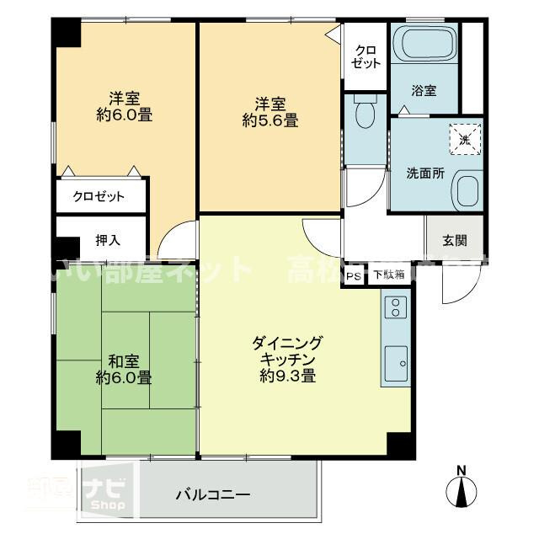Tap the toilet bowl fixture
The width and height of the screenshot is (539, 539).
point(366,115)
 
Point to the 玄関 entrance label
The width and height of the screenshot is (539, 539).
point(456,238)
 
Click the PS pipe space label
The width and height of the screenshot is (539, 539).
point(354,275)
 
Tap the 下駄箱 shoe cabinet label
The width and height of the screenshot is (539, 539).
point(389,275)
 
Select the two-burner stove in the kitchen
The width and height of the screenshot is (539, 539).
point(395,308)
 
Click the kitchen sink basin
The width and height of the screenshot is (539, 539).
point(395,365)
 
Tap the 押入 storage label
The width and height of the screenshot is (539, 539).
point(108,239)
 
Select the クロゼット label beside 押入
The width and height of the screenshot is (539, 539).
point(99,197)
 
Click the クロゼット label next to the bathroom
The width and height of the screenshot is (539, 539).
point(366,56)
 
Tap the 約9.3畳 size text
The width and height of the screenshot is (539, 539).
point(287,376)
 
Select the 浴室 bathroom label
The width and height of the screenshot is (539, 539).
point(424,91)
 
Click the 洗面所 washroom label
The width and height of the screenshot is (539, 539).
point(424,174)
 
